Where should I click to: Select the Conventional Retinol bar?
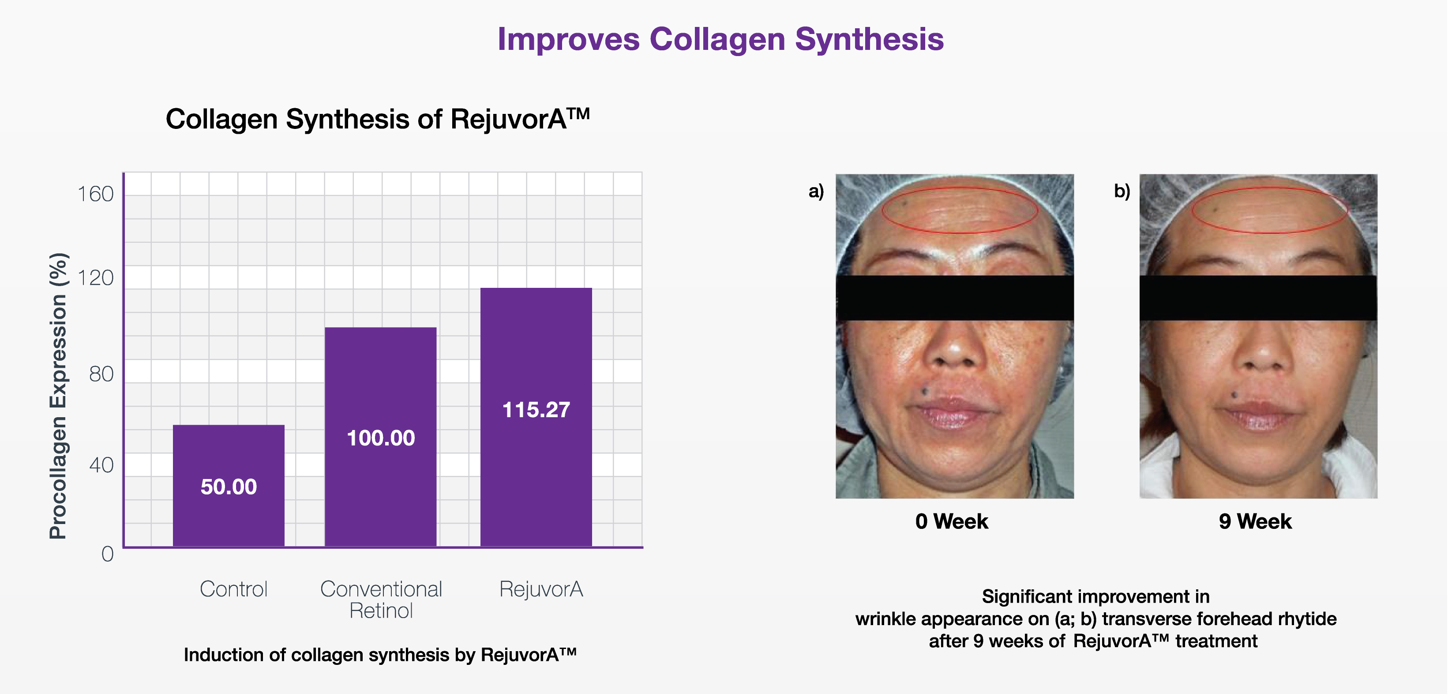(x=381, y=437)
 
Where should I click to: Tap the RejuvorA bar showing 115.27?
(x=536, y=417)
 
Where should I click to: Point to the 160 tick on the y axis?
(x=96, y=194)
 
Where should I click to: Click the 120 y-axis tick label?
(x=96, y=278)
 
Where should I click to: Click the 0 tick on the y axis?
(x=107, y=554)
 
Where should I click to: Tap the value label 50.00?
(x=229, y=487)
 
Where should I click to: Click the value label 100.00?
(x=381, y=438)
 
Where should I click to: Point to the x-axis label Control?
(x=234, y=589)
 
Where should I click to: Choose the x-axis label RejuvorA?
(x=541, y=589)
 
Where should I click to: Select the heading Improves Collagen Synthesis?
(x=720, y=39)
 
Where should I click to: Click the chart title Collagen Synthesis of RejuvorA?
(x=378, y=119)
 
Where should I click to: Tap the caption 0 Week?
(x=952, y=521)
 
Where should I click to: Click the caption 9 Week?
(x=1255, y=521)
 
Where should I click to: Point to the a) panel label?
(x=816, y=191)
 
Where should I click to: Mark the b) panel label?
(x=1122, y=191)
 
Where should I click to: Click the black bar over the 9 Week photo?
(x=1258, y=298)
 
